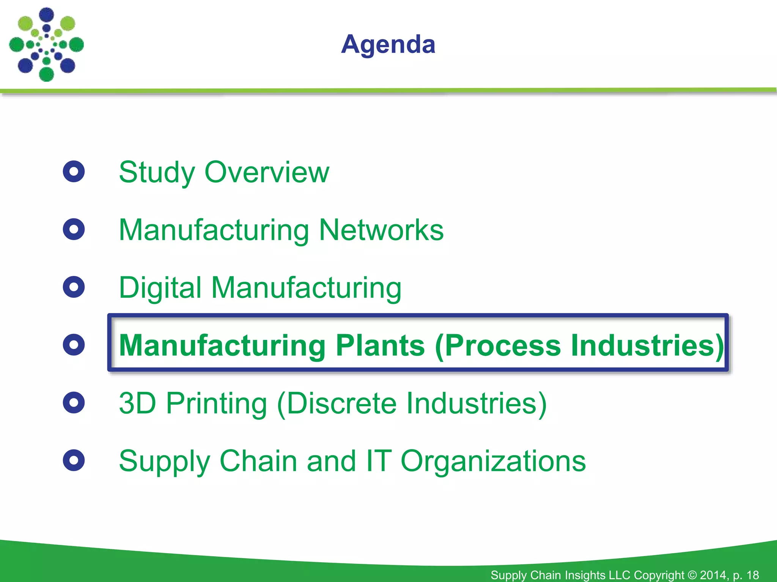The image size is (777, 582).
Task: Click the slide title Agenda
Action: click(388, 45)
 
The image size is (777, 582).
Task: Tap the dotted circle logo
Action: click(46, 45)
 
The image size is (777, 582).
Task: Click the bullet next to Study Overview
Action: click(74, 172)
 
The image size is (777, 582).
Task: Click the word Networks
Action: click(381, 230)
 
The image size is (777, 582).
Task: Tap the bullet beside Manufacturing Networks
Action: click(74, 229)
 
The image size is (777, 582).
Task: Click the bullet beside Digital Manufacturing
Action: click(74, 287)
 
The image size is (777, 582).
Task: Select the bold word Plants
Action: click(380, 345)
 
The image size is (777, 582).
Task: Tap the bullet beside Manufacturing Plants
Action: click(74, 345)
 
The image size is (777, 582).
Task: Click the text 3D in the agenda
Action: click(137, 403)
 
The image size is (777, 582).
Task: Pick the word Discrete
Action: click(341, 403)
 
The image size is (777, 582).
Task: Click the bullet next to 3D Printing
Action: click(74, 402)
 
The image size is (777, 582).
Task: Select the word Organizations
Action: click(493, 462)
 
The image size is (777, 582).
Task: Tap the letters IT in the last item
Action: click(377, 461)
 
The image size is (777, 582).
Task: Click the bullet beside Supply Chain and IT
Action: click(74, 460)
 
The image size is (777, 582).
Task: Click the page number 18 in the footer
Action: click(753, 575)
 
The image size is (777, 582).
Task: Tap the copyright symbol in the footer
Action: click(692, 575)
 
